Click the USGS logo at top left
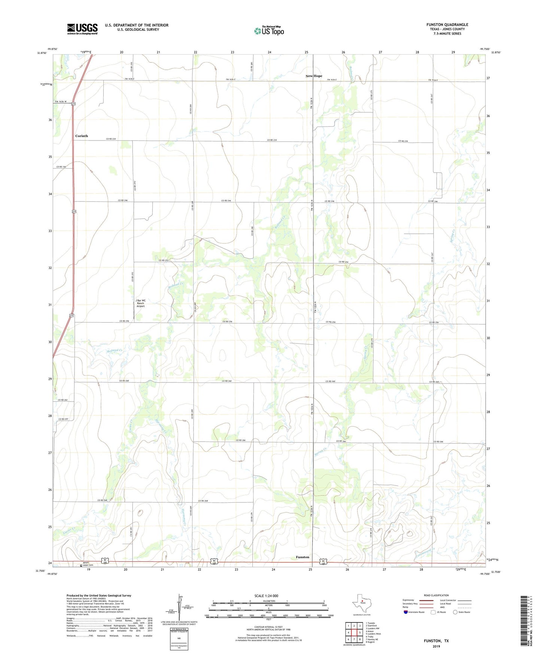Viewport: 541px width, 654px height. pyautogui.click(x=82, y=29)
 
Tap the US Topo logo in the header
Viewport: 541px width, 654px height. pyautogui.click(x=269, y=31)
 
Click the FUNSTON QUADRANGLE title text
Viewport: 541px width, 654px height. pyautogui.click(x=447, y=25)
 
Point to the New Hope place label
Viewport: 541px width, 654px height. pyautogui.click(x=314, y=76)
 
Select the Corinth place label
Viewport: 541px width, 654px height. pyautogui.click(x=82, y=136)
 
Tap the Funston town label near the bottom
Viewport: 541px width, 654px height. pyautogui.click(x=303, y=557)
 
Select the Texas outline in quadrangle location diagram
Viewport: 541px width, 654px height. pyautogui.click(x=361, y=603)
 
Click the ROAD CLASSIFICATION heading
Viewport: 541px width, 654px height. pyautogui.click(x=436, y=595)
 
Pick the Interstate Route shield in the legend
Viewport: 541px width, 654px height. pyautogui.click(x=406, y=612)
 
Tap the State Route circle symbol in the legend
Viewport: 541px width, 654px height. pyautogui.click(x=455, y=612)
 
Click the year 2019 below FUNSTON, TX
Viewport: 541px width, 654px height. pyautogui.click(x=436, y=646)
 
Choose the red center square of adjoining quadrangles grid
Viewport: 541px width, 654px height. pyautogui.click(x=354, y=632)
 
